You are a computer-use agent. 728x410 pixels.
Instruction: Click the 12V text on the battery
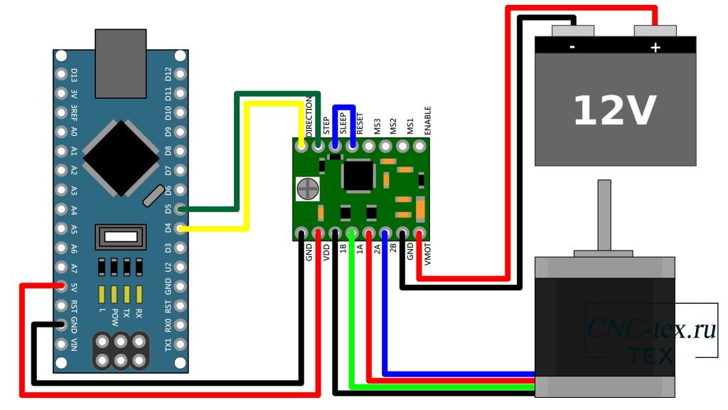(x=615, y=110)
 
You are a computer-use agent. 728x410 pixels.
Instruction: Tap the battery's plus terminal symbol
(x=655, y=48)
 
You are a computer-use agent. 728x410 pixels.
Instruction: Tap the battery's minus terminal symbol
(x=572, y=47)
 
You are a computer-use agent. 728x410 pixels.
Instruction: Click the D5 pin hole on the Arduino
(x=180, y=209)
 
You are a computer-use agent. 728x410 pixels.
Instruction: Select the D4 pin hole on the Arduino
(x=180, y=228)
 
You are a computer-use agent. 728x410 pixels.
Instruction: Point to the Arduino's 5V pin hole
(x=61, y=286)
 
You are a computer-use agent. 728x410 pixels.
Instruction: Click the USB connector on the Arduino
(x=121, y=63)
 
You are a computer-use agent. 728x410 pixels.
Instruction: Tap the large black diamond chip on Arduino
(x=121, y=158)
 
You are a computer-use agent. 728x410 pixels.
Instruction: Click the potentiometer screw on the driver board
(x=307, y=189)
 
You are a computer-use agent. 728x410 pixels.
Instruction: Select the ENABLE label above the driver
(x=427, y=120)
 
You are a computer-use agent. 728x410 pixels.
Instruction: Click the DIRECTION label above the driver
(x=309, y=116)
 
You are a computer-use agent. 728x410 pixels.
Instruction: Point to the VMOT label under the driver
(x=427, y=254)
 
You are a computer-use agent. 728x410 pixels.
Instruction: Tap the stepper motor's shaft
(x=604, y=215)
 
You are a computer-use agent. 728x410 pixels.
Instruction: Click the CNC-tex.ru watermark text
(x=651, y=329)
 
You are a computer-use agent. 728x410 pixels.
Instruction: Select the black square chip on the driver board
(x=358, y=176)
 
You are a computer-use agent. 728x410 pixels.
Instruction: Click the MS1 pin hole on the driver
(x=402, y=147)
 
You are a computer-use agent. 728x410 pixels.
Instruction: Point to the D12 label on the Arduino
(x=168, y=74)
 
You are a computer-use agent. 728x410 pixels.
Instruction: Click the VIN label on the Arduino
(x=74, y=345)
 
